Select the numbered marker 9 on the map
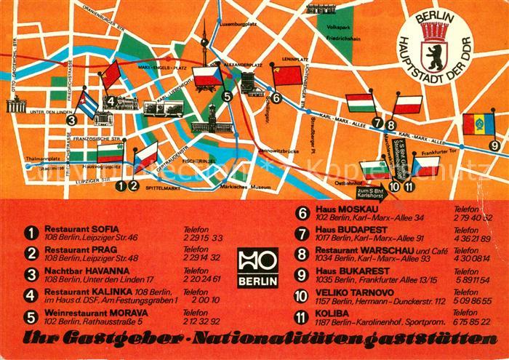494,146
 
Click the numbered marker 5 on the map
228,95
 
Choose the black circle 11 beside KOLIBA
301,317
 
